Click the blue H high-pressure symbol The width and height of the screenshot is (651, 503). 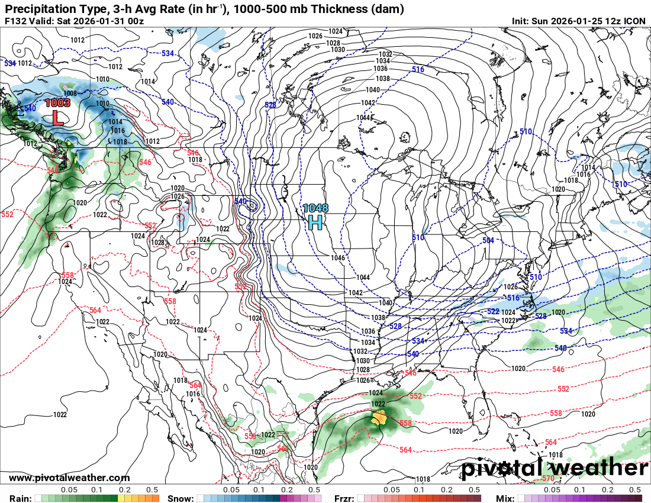315,222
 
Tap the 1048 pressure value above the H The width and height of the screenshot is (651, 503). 315,208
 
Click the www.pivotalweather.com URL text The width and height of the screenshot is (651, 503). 69,478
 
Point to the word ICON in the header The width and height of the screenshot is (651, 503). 635,21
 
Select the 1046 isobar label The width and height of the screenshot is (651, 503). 338,258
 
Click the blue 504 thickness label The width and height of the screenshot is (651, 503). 488,241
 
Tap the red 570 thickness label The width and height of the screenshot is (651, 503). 548,478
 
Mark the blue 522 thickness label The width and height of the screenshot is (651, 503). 493,311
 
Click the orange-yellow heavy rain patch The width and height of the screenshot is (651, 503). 379,418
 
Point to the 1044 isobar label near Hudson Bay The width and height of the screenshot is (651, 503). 363,117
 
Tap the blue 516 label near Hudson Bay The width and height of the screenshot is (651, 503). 418,70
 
